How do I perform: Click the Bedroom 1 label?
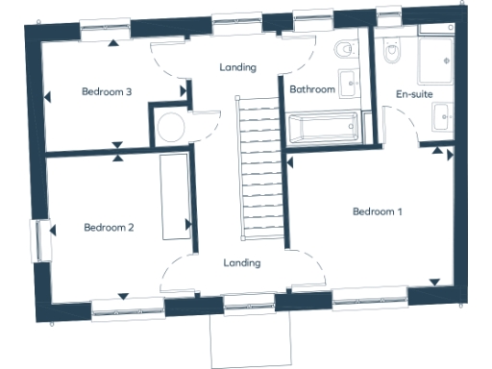(377, 211)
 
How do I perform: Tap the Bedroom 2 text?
(109, 228)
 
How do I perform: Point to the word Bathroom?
(312, 89)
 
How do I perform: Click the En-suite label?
(414, 94)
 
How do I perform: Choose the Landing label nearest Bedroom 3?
(237, 67)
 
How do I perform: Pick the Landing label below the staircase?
(242, 262)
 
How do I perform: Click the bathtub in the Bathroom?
(324, 125)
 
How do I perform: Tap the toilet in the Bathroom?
(343, 49)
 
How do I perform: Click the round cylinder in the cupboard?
(171, 127)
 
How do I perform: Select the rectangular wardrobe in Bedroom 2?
(175, 197)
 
